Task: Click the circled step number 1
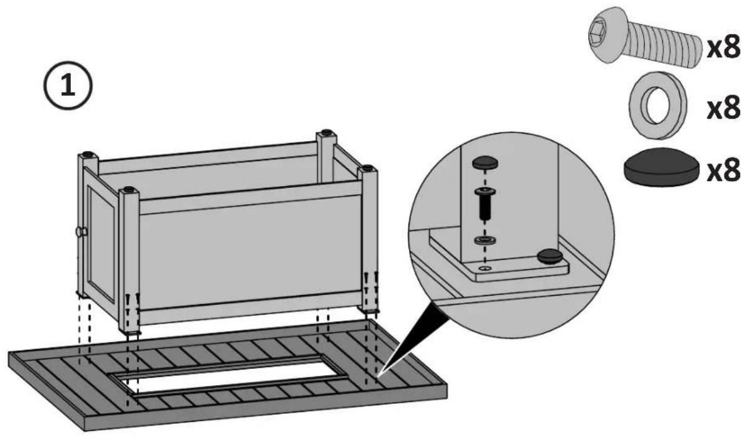click(68, 85)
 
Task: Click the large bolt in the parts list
click(645, 37)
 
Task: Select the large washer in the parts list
click(658, 105)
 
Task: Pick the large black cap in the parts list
click(662, 167)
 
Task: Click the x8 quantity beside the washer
click(723, 108)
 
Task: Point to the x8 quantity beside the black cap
click(723, 170)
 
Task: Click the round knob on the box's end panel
click(81, 231)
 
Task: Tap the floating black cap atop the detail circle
click(485, 163)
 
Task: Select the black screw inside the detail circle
click(485, 204)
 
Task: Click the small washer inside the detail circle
click(485, 240)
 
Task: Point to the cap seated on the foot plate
click(550, 256)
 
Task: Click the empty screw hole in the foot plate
click(485, 268)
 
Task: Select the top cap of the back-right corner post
click(326, 132)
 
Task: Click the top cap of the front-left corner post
click(129, 189)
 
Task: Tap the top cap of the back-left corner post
click(88, 154)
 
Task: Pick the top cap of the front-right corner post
click(368, 167)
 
